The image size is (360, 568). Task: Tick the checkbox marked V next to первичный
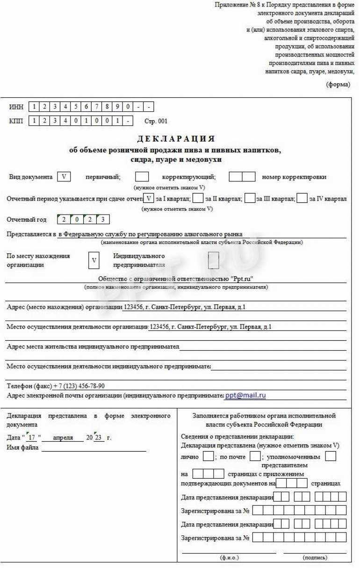(x=63, y=178)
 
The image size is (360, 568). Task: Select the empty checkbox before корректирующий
(x=142, y=178)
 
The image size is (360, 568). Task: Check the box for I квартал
(x=149, y=199)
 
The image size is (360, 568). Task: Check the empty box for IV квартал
(x=302, y=199)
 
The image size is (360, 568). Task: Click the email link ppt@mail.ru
(x=245, y=395)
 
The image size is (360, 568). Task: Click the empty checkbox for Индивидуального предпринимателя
(x=213, y=260)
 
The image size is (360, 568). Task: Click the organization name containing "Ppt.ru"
(x=176, y=279)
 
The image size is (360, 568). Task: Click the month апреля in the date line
(x=63, y=438)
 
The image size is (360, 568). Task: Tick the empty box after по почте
(x=255, y=456)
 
